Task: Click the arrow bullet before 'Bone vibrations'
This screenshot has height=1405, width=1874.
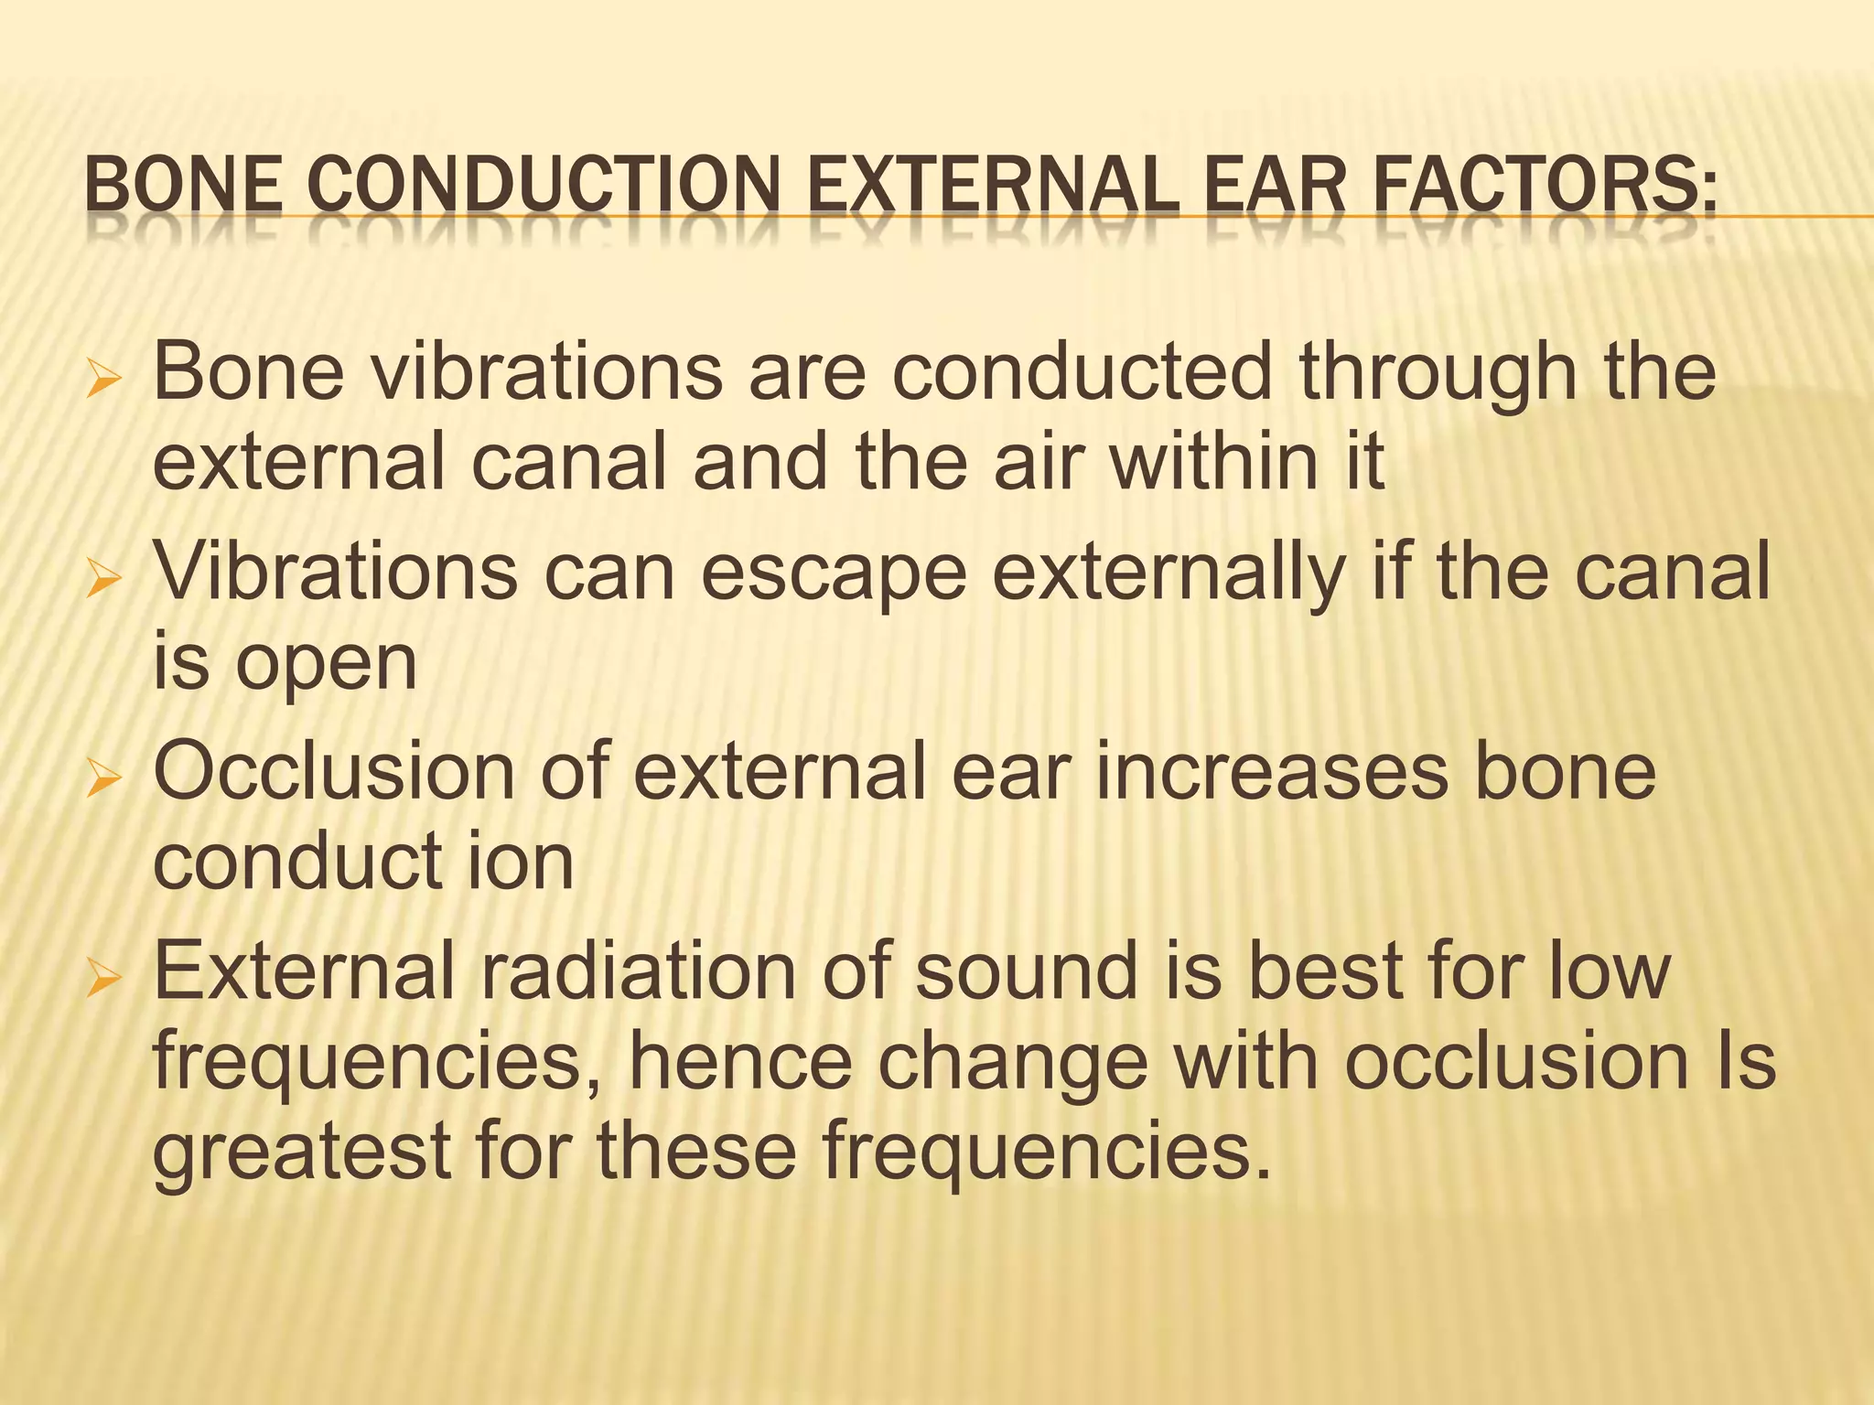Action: click(102, 379)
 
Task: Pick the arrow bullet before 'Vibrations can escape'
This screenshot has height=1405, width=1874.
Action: click(102, 578)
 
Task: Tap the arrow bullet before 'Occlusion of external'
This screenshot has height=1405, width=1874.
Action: click(102, 778)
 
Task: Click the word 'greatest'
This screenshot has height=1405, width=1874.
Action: click(301, 1153)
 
